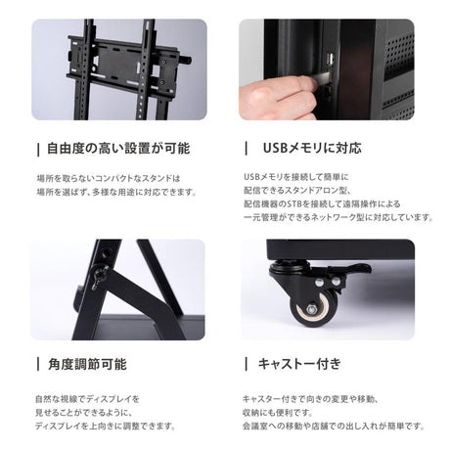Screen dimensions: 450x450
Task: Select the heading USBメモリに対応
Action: point(312,149)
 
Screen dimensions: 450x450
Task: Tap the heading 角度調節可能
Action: point(87,363)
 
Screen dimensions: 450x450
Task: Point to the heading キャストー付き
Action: point(299,363)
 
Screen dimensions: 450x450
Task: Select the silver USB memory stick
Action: point(322,76)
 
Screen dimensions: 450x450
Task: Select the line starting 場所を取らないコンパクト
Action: point(115,177)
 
